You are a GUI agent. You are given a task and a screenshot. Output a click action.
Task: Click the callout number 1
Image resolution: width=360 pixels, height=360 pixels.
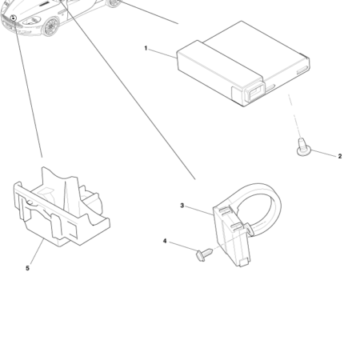click(x=146, y=49)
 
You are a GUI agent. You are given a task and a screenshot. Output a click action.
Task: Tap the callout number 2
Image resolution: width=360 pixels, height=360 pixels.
click(x=339, y=156)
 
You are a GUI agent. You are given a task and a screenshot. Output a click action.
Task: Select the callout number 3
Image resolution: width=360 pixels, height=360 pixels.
click(x=182, y=206)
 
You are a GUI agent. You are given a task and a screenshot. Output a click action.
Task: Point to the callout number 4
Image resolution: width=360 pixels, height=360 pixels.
click(x=165, y=241)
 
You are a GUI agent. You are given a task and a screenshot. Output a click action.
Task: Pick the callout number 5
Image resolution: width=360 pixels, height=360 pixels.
click(x=27, y=268)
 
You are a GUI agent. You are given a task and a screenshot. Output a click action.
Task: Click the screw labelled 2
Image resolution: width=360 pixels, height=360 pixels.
click(x=303, y=147)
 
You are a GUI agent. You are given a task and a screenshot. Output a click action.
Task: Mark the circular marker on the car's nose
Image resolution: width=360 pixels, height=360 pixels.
click(x=14, y=17)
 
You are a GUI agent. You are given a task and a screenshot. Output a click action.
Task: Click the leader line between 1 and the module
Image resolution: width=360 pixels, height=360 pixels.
click(x=162, y=53)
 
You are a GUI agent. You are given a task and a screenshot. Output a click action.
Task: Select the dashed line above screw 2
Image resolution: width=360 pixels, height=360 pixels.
click(x=296, y=123)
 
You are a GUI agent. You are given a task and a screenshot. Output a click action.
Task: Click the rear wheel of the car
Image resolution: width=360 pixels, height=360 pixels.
click(x=114, y=2)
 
